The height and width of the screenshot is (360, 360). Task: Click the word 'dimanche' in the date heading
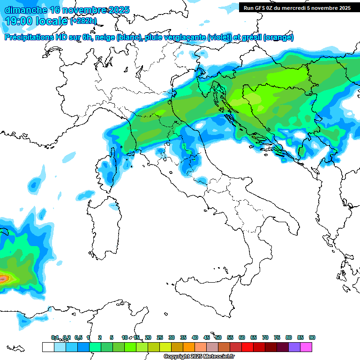coord(25,10)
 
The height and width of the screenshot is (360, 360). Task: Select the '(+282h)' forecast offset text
coord(83,21)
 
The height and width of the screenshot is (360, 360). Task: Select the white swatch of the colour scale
coord(48,347)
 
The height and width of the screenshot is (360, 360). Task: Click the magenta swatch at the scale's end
coord(306,347)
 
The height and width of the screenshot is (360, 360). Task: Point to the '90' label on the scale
coord(312,338)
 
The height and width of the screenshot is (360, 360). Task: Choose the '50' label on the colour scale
coord(218,338)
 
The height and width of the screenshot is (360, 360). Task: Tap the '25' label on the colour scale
coord(160,338)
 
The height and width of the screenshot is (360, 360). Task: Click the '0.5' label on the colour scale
coord(78,338)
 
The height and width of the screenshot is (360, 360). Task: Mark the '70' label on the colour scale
coord(265,338)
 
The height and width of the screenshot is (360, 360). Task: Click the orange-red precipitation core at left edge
coord(4,278)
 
